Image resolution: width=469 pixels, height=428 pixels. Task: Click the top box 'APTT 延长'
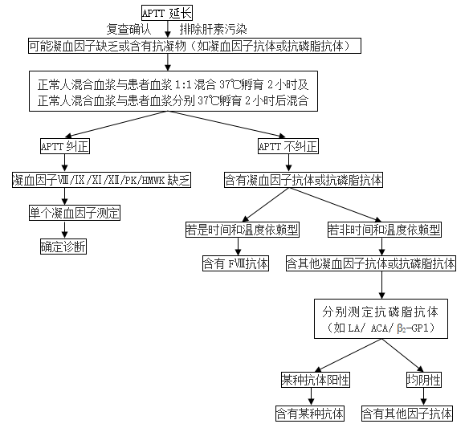(x=167, y=13)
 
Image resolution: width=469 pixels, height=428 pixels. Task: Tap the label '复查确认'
(x=129, y=29)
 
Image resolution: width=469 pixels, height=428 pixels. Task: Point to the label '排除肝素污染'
(x=214, y=29)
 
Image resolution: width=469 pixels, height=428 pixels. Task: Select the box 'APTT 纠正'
(x=65, y=146)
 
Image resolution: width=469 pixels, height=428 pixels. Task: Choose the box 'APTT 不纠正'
(x=288, y=146)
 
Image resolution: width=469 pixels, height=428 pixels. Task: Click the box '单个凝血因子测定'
(x=75, y=213)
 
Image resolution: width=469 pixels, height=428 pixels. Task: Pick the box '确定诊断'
(x=63, y=247)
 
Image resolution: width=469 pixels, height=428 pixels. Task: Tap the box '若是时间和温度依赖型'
(x=243, y=230)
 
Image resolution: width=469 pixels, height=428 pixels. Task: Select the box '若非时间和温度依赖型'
(x=385, y=230)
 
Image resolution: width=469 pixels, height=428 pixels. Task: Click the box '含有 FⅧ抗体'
(x=235, y=263)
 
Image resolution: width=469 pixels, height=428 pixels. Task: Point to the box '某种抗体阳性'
(x=316, y=380)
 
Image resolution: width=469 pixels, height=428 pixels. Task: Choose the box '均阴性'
(x=424, y=380)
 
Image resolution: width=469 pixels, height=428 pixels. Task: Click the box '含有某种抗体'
(x=310, y=414)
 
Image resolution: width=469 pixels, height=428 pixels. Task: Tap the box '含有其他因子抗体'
(x=407, y=414)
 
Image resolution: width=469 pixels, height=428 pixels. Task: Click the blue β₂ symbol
(x=401, y=328)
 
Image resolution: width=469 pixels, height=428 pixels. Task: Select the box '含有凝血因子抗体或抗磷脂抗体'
(x=304, y=180)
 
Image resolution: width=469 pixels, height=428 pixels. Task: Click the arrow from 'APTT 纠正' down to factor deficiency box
(x=64, y=163)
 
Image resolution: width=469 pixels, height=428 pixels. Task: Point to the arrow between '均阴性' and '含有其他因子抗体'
(x=423, y=397)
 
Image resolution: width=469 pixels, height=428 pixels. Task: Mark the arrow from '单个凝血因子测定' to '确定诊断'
(x=64, y=230)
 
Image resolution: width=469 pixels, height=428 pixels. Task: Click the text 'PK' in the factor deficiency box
(x=129, y=181)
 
